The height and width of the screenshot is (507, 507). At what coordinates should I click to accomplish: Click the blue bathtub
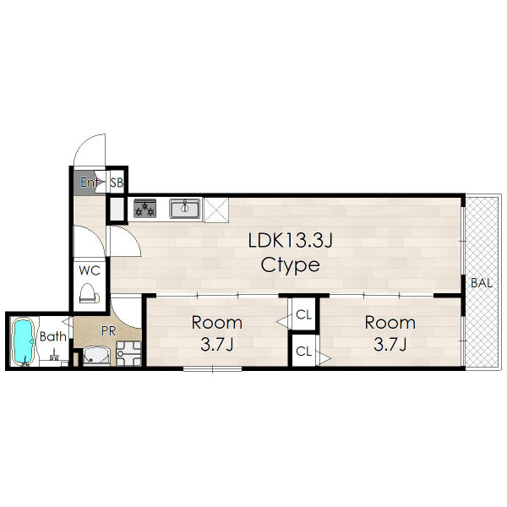(x=24, y=341)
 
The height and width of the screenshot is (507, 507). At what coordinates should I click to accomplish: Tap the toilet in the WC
(x=90, y=293)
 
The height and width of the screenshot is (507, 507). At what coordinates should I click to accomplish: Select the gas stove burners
(x=145, y=208)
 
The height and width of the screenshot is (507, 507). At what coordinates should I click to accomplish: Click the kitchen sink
(x=184, y=209)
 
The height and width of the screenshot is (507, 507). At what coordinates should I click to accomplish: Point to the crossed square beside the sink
(x=216, y=210)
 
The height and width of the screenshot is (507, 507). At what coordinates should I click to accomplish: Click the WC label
(x=90, y=270)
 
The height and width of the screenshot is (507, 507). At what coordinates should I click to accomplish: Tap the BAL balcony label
(x=482, y=283)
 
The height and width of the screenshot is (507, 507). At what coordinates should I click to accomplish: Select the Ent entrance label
(x=90, y=183)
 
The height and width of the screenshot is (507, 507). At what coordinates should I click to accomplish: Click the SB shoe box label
(x=117, y=183)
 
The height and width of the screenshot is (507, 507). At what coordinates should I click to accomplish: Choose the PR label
(x=108, y=330)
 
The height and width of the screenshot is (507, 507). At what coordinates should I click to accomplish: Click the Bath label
(x=53, y=336)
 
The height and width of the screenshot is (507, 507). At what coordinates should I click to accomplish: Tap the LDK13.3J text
(x=290, y=241)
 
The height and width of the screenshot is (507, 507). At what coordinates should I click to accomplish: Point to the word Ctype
(x=291, y=265)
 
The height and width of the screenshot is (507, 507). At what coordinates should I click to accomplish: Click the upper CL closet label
(x=303, y=314)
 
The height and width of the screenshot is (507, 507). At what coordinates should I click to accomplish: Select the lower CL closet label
(x=303, y=352)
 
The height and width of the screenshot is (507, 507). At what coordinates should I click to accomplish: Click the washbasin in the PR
(x=96, y=356)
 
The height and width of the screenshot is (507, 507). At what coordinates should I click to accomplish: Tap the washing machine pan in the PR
(x=128, y=353)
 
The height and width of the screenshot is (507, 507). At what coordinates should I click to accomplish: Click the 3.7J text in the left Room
(x=216, y=345)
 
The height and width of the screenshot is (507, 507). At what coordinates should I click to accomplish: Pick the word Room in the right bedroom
(x=390, y=323)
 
